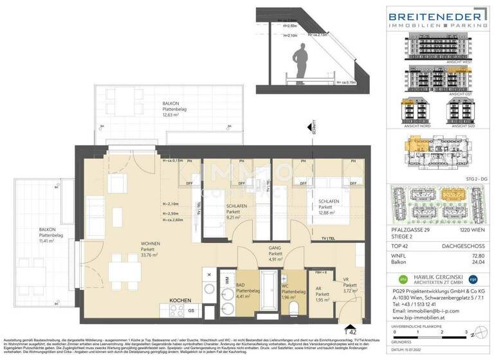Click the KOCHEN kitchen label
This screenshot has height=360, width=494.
pyautogui.click(x=181, y=300)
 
